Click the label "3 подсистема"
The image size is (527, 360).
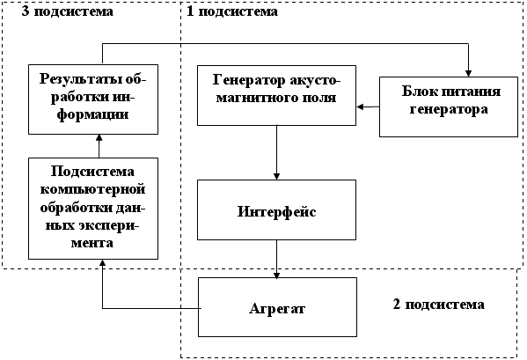67,11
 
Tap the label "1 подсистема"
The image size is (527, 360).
232,11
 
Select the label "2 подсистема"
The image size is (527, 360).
439,305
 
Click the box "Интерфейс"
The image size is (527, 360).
276,209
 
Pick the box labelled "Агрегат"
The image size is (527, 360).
277,307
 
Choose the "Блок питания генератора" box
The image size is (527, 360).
449,107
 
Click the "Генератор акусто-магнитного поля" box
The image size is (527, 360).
276,95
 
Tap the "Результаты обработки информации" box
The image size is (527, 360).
93,99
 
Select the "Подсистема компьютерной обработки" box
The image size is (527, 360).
93,209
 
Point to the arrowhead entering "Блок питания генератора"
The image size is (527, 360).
468,74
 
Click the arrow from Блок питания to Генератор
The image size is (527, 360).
368,107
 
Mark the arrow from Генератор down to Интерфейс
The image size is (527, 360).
276,152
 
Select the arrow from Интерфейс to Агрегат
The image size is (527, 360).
276,259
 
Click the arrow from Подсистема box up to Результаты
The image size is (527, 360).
99,146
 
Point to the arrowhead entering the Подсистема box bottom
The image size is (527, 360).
103,262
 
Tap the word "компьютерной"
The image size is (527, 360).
92,189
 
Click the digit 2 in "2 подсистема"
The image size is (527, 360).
397,305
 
